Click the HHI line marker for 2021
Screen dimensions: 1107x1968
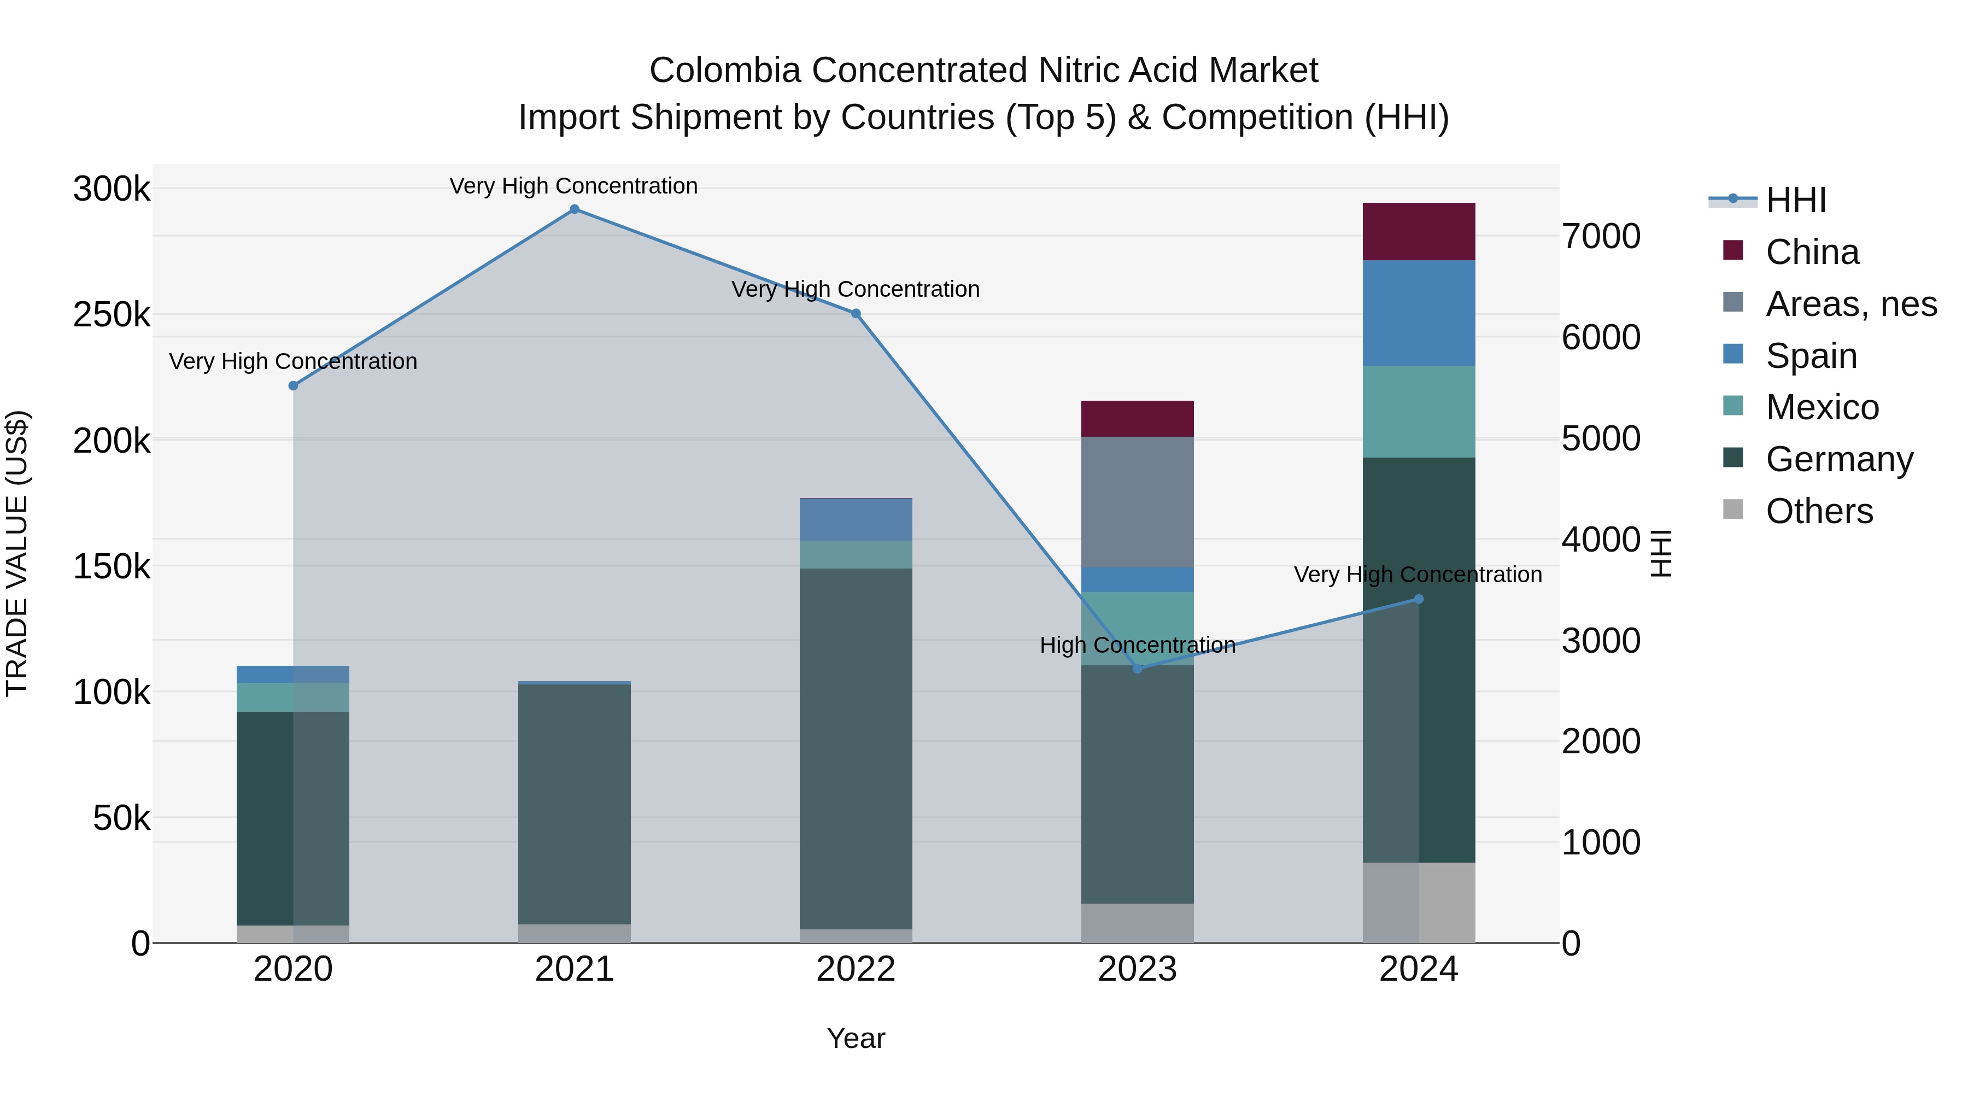coord(575,209)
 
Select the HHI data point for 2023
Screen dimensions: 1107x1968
coord(1137,669)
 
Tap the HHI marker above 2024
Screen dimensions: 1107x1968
coord(1419,599)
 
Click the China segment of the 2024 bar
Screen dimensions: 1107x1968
coord(1419,231)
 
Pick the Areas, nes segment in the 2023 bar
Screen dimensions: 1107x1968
coord(1137,502)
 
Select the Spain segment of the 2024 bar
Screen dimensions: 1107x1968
coord(1419,313)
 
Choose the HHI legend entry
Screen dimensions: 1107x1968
coord(1795,200)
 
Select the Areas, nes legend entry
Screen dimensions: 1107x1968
coord(1850,304)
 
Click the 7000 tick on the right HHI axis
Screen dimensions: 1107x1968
coord(1601,236)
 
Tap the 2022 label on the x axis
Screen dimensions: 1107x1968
coord(856,969)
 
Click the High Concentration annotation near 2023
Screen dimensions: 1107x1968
coord(1137,645)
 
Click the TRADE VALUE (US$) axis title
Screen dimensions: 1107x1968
coord(17,553)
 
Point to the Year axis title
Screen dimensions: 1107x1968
coord(856,1038)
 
